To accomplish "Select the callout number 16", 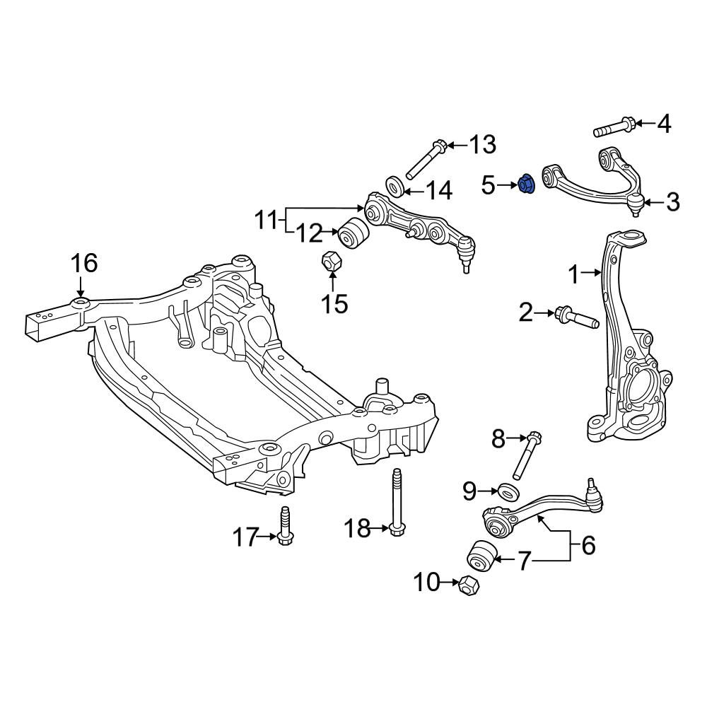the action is (84, 263).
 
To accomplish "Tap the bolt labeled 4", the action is (614, 127).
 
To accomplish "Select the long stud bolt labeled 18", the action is (396, 502).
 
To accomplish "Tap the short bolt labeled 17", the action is (284, 526).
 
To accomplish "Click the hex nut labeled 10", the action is (469, 585).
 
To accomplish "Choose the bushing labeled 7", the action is (481, 557).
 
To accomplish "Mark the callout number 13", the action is (482, 145).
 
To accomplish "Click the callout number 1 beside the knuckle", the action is (573, 274).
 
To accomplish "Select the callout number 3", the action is (672, 201).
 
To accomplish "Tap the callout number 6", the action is (588, 545).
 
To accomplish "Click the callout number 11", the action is (266, 221).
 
